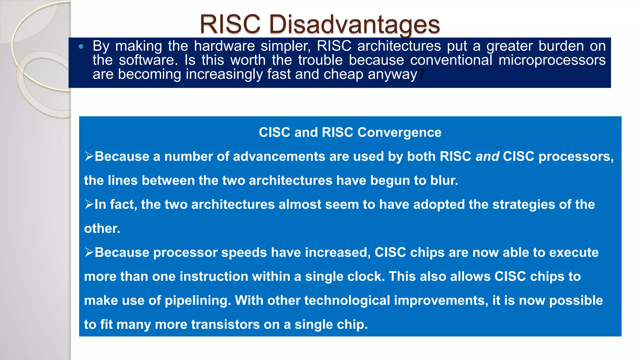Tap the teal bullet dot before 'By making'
(81, 47)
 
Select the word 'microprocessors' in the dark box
(552, 60)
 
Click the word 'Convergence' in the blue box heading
(399, 132)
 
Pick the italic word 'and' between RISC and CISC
(487, 157)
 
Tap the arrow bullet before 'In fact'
(89, 204)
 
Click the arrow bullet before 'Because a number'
(89, 156)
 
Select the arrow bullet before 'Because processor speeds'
(89, 252)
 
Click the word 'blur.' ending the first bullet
(444, 181)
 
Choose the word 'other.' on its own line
(102, 228)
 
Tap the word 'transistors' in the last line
(225, 325)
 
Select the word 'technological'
(347, 301)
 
